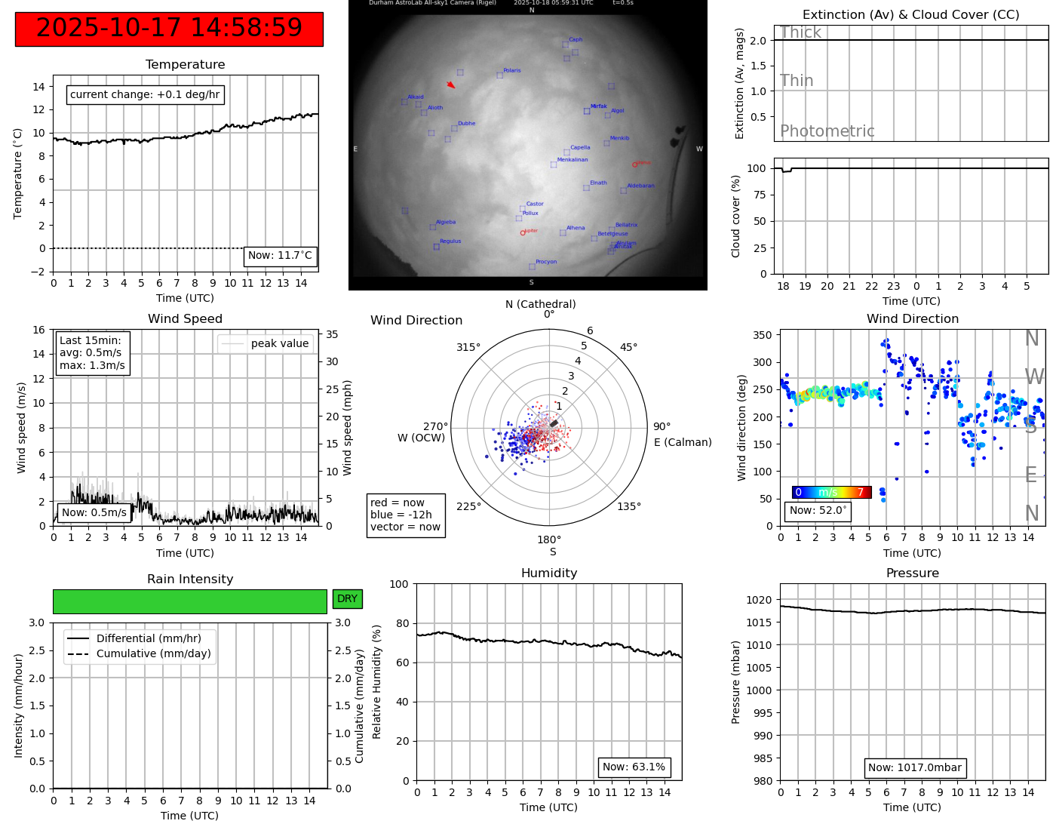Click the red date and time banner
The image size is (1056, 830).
[169, 29]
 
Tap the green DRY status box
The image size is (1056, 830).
[347, 599]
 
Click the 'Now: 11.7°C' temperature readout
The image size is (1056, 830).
[280, 256]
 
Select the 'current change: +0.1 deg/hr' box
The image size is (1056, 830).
[145, 95]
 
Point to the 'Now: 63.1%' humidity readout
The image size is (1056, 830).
[634, 767]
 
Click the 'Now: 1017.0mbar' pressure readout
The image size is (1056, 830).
[914, 768]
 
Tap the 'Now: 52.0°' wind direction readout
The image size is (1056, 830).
[818, 511]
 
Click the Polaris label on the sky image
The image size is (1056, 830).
[512, 71]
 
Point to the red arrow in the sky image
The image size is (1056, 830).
[451, 85]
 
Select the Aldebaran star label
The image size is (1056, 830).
[640, 186]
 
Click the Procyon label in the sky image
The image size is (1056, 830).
[546, 262]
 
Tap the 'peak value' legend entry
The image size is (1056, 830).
[279, 343]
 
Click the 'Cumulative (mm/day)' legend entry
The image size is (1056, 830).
[153, 654]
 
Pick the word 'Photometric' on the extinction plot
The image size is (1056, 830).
[827, 131]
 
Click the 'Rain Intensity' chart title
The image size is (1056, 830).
[190, 579]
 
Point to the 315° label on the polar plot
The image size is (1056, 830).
[468, 348]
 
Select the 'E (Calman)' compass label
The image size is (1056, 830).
[683, 442]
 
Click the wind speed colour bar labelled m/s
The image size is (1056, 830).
[831, 493]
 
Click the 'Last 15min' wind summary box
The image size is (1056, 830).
[92, 352]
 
